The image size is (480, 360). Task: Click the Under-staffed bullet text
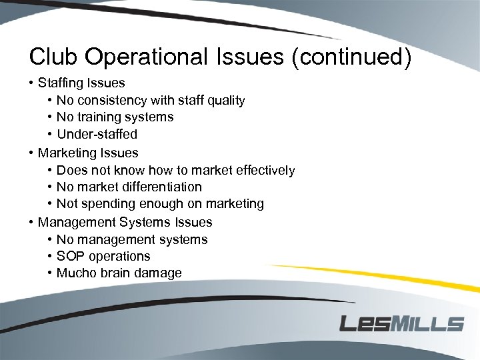click(x=97, y=134)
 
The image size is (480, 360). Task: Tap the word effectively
click(x=263, y=170)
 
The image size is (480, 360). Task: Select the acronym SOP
click(x=70, y=256)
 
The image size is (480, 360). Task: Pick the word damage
click(x=159, y=273)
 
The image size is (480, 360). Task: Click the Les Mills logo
click(x=401, y=323)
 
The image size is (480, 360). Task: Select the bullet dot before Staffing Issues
click(x=31, y=83)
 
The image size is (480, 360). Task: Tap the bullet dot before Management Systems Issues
click(x=31, y=222)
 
